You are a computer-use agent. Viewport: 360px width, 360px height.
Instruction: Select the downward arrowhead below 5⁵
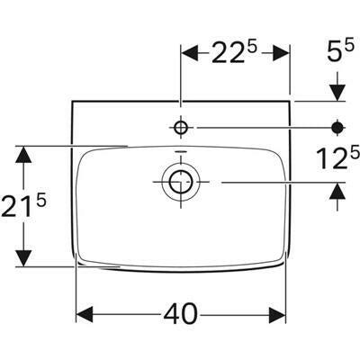tap(338, 92)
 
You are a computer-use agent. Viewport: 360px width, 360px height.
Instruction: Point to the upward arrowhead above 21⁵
tap(26, 154)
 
